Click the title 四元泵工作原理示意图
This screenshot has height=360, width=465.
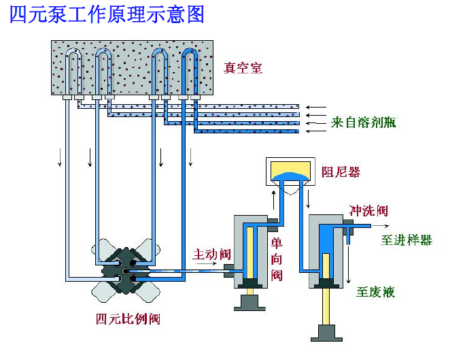coord(107,14)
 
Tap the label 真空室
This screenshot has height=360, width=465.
coord(243,67)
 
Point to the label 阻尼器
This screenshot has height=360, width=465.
coord(341,171)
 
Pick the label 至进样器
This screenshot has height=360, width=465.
coord(407,240)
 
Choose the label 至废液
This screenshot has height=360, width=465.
coord(375,293)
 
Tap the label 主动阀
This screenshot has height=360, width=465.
coord(211,255)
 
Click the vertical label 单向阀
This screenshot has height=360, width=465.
coord(277,259)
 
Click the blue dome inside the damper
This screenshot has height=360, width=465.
coord(290,178)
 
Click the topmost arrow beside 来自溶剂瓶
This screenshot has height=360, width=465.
coord(315,107)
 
